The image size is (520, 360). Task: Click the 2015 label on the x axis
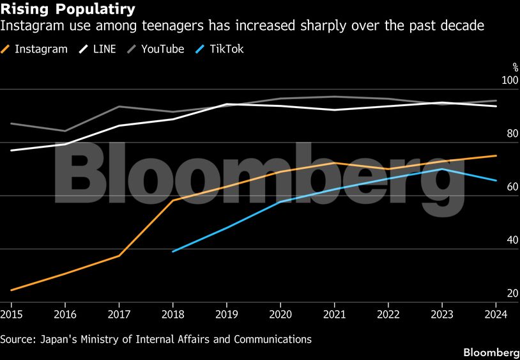11,314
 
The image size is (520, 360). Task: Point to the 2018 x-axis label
172,314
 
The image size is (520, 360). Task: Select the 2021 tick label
335,314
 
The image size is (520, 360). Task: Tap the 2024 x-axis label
496,314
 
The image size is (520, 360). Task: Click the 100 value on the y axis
510,80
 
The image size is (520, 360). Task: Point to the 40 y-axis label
512,240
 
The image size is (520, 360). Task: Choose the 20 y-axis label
512,293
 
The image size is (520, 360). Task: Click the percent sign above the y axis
515,67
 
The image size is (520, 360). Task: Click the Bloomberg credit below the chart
491,352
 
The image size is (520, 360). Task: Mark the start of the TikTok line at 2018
172,251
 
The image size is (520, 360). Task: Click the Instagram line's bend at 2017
119,256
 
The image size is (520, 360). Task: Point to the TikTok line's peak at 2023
443,169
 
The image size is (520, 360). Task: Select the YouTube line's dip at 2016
65,131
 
